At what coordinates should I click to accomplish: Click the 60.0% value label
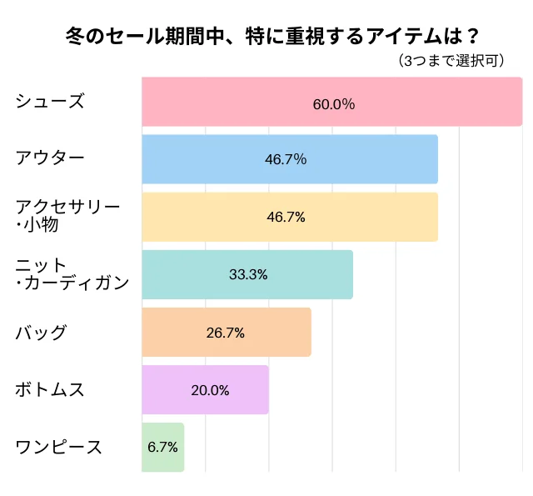[x=333, y=104]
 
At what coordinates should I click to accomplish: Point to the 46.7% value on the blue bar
[x=286, y=159]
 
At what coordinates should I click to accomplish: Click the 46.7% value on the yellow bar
[x=286, y=217]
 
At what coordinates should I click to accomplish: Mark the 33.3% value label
[x=247, y=274]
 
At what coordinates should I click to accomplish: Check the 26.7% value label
[x=225, y=333]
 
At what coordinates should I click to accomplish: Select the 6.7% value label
[x=162, y=447]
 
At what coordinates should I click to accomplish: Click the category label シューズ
[x=50, y=102]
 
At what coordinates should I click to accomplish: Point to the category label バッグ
[x=42, y=333]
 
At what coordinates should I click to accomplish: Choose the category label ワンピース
[x=59, y=447]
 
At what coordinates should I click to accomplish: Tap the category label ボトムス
[x=50, y=389]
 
